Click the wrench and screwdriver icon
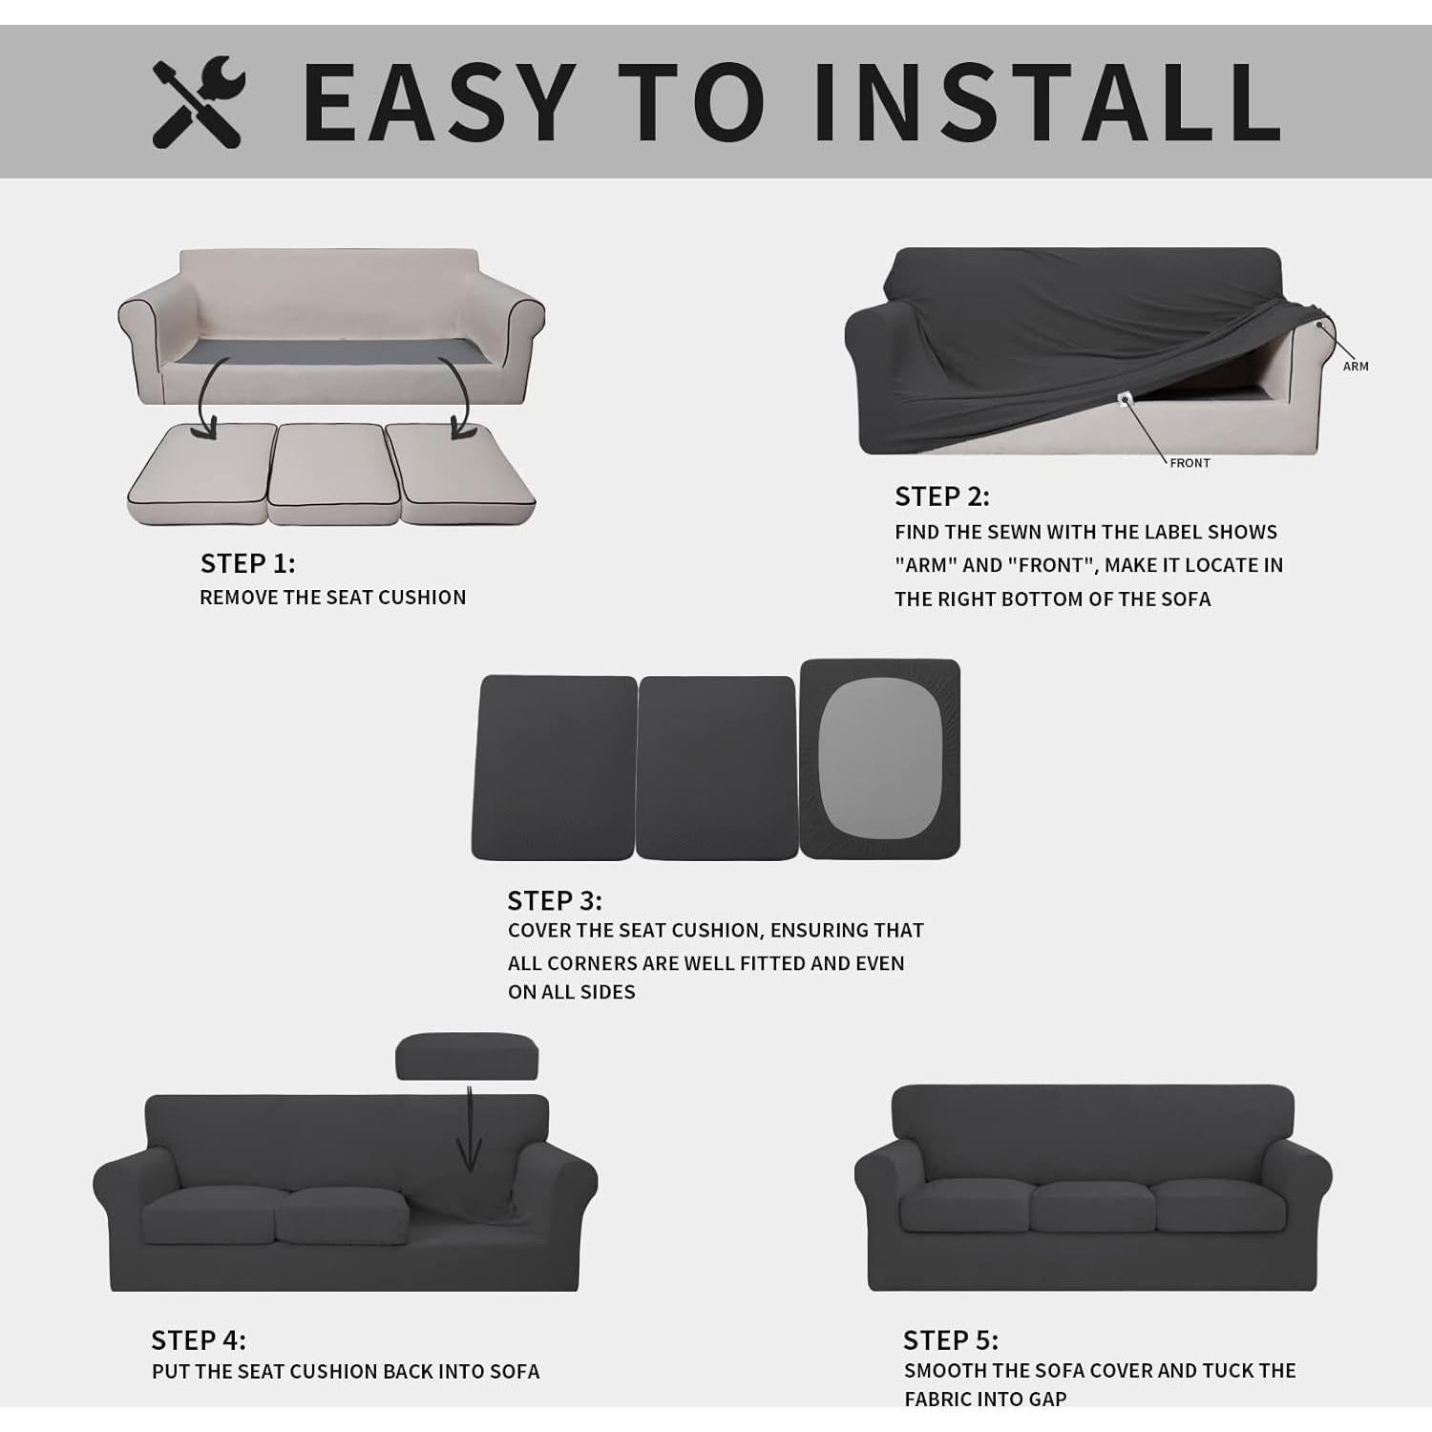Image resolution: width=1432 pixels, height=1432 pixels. click(x=199, y=102)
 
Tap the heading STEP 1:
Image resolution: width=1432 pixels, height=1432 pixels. click(x=247, y=563)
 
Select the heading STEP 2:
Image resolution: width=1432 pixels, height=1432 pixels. click(x=941, y=496)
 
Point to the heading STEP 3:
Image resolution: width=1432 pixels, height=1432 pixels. click(x=554, y=900)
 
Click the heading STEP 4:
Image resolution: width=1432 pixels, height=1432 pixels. click(x=199, y=1340)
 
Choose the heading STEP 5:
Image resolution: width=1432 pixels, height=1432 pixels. click(x=950, y=1340)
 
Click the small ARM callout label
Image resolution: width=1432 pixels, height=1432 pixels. click(x=1355, y=367)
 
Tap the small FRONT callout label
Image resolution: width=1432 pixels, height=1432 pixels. click(x=1190, y=463)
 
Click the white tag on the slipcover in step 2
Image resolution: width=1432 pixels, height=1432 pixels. click(x=1124, y=397)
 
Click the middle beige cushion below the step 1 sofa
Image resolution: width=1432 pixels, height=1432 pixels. click(x=333, y=473)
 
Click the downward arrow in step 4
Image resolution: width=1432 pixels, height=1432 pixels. click(x=469, y=1131)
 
